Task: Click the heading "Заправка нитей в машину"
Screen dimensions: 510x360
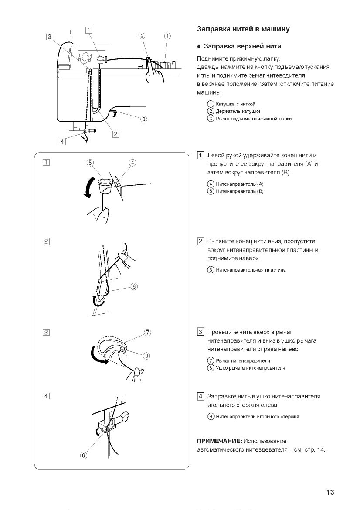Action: pyautogui.click(x=243, y=29)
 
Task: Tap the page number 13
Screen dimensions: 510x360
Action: pyautogui.click(x=330, y=492)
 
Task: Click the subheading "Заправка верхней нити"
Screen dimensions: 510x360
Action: pyautogui.click(x=242, y=46)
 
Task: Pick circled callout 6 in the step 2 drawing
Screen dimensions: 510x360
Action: pyautogui.click(x=134, y=286)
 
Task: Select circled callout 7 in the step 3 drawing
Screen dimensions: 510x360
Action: pyautogui.click(x=148, y=332)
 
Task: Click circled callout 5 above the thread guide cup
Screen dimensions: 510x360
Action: pyautogui.click(x=90, y=163)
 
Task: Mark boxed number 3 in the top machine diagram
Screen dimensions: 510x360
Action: pyautogui.click(x=50, y=37)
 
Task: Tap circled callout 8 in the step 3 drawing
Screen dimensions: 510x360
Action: pyautogui.click(x=146, y=356)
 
